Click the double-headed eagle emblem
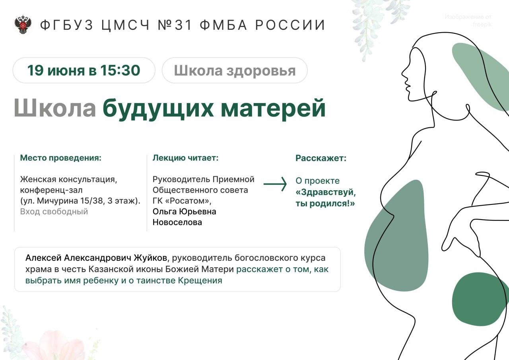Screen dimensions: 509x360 [23, 25]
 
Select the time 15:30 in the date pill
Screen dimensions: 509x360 [120, 70]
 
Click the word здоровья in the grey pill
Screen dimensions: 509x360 [261, 71]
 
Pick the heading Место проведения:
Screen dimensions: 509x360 [61, 158]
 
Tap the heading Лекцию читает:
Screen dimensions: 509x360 [185, 158]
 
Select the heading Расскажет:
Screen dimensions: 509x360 [321, 158]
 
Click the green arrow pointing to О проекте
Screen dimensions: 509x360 [275, 184]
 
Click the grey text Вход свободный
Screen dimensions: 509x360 [54, 212]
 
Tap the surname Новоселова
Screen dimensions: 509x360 [177, 222]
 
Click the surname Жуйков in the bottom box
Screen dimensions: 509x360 [151, 258]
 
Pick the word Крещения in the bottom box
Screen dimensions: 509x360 [200, 280]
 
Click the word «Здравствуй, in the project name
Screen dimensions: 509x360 [326, 192]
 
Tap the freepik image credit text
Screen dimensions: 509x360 [468, 20]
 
